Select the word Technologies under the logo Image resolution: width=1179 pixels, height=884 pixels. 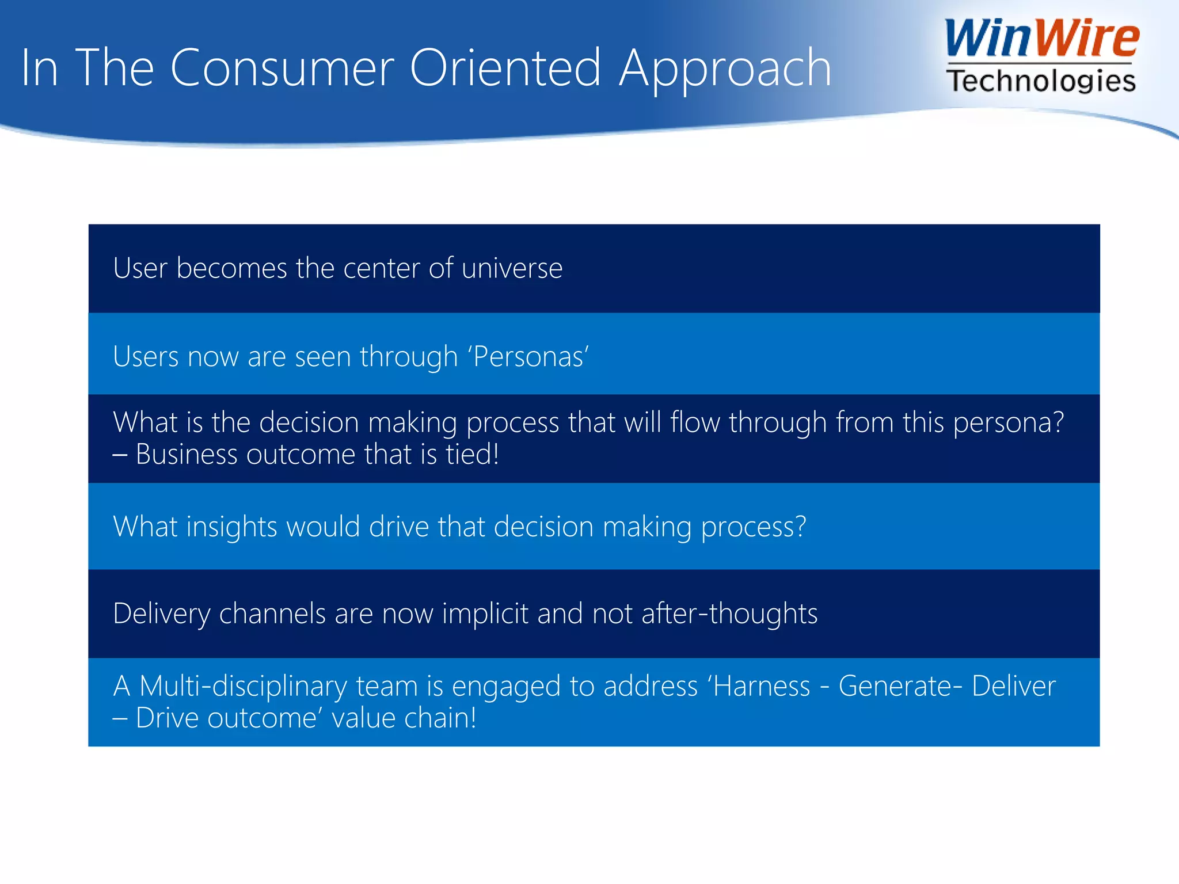pyautogui.click(x=1041, y=81)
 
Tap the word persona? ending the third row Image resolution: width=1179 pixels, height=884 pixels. pyautogui.click(x=1008, y=422)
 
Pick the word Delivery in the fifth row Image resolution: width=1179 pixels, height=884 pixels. pyautogui.click(x=162, y=614)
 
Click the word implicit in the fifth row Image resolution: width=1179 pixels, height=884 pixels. pyautogui.click(x=485, y=614)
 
